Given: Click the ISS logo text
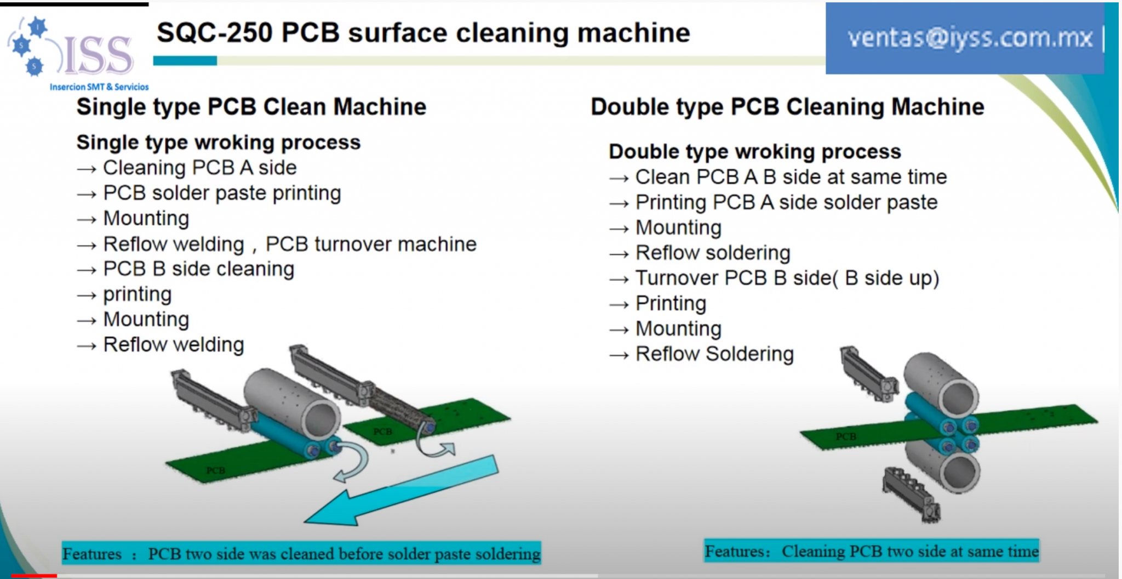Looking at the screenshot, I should pos(99,56).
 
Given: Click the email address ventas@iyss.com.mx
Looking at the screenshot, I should pos(970,38).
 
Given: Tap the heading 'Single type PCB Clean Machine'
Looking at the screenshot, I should pos(251,107).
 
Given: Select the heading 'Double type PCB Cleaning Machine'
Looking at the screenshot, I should pos(787,107).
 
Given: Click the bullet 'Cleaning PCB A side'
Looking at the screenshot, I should pos(199,168).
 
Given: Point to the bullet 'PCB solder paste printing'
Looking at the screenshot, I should pos(222,193).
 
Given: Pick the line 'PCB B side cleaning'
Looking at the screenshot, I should pos(198,269).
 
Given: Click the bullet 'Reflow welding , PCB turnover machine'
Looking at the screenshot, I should pos(289,244).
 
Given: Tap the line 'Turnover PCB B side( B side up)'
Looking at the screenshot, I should pos(787,278).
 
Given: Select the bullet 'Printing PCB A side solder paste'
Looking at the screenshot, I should pos(786,202).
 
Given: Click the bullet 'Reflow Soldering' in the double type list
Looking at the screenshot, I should pos(714,354).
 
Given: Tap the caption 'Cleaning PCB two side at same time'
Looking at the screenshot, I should pos(909,551).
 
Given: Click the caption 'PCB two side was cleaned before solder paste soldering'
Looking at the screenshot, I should pos(344,554).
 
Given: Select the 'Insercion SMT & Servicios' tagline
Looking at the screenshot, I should pos(99,87).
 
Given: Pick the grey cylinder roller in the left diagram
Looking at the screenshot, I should pos(290,403).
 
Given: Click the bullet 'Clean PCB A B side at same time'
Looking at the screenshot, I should pos(791,177).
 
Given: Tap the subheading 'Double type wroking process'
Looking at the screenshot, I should pos(754,152).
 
